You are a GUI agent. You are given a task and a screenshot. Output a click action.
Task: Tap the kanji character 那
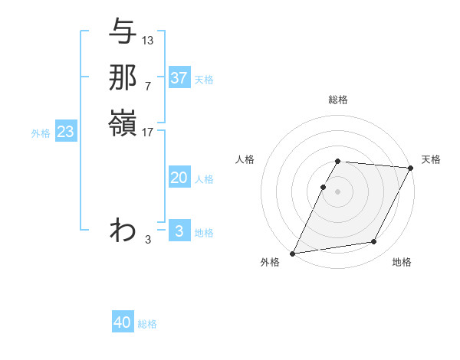pos(123,77)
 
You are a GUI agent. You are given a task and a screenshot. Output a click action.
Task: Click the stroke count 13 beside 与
pos(148,40)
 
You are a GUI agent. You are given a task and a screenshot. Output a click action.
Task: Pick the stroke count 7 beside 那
pos(147,86)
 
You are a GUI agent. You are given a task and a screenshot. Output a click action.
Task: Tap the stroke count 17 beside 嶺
pos(148,133)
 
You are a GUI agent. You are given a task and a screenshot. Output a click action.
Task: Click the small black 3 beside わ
pos(147,240)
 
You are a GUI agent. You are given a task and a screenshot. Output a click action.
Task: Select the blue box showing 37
pos(179,78)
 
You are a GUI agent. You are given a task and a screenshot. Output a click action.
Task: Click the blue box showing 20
pos(179,178)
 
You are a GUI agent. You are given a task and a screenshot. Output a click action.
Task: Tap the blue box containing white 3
pos(179,231)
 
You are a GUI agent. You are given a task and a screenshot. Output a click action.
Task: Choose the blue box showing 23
pos(66,132)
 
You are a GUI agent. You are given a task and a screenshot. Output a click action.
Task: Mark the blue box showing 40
pos(123,322)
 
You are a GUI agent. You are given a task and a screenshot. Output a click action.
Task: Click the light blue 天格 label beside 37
pos(205,79)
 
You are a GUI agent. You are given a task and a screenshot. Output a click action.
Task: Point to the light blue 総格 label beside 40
pos(148,324)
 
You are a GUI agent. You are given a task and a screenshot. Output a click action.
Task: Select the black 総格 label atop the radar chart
pos(338,100)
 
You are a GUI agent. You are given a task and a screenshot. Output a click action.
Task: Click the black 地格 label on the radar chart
pos(402,262)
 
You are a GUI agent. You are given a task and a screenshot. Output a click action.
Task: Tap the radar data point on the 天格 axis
pos(410,168)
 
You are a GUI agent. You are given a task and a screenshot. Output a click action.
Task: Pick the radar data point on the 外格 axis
pos(293,253)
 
